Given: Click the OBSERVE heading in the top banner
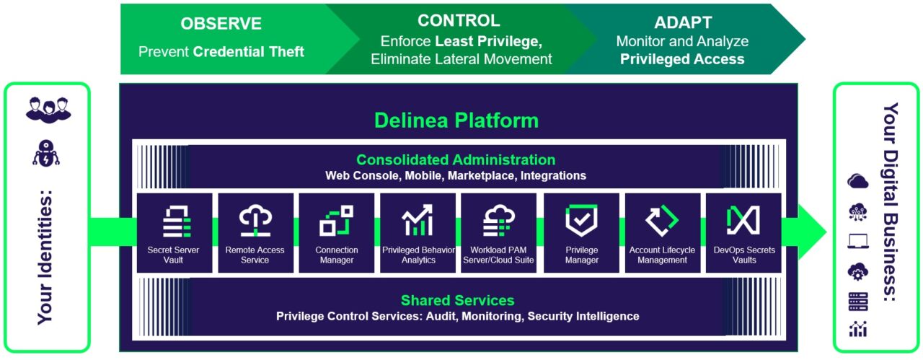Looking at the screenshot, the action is tap(221, 24).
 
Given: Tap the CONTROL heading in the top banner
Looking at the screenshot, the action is tap(459, 20).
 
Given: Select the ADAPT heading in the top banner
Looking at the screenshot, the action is tap(683, 22).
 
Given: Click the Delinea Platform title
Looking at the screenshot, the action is tap(456, 120).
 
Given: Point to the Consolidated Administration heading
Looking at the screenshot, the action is tap(456, 159).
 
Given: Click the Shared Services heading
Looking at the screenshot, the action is tap(457, 300).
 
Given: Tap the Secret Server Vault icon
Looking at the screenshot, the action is tap(177, 221).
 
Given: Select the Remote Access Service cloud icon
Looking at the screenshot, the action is tap(255, 220).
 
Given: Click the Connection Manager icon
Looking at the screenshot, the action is tap(336, 221).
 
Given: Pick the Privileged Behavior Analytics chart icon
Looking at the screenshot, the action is tap(418, 220).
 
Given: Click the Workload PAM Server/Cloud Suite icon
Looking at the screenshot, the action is tap(499, 220).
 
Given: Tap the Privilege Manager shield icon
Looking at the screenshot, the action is tap(581, 220).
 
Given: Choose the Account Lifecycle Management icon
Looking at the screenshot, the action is tap(662, 220).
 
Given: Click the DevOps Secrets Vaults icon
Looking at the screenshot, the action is tap(743, 220).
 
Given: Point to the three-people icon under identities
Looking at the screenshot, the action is tap(48, 110).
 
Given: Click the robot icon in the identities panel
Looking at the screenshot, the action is tap(46, 153).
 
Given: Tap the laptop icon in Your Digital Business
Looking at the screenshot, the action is tap(858, 241).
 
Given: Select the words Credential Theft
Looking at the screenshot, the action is tap(249, 51).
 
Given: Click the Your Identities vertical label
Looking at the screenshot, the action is tap(45, 258).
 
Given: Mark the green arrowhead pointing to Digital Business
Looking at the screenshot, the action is tap(811, 232).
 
